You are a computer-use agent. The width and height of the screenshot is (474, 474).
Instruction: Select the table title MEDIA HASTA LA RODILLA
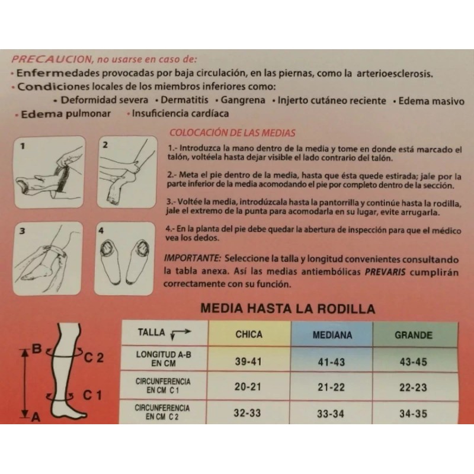(x=288, y=309)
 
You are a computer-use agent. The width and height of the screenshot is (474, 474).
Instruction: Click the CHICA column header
(x=249, y=335)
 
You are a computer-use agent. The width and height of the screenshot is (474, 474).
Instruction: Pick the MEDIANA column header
(x=332, y=335)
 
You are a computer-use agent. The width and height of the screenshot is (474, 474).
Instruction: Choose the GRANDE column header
(x=414, y=335)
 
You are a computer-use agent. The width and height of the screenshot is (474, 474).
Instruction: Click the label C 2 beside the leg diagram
(x=94, y=358)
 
